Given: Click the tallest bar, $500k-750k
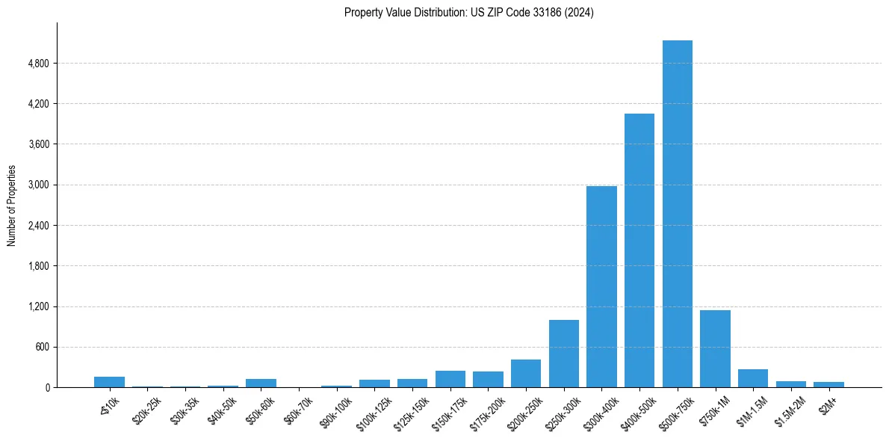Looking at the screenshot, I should point(677,214).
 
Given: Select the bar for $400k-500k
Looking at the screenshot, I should point(639,250).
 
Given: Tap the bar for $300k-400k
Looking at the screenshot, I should point(601,286).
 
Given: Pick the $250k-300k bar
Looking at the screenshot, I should point(563,354).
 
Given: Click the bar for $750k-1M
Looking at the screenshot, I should point(715,348).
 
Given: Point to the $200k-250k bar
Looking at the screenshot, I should point(526,373).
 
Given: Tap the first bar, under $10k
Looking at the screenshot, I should point(109,382).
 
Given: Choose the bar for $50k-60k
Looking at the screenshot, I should point(261,383).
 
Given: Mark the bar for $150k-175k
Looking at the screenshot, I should point(450,379).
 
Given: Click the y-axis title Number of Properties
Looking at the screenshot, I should point(11,206).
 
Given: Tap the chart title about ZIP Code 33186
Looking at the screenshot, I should point(468,13).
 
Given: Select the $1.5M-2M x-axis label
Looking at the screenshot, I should point(790,410).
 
